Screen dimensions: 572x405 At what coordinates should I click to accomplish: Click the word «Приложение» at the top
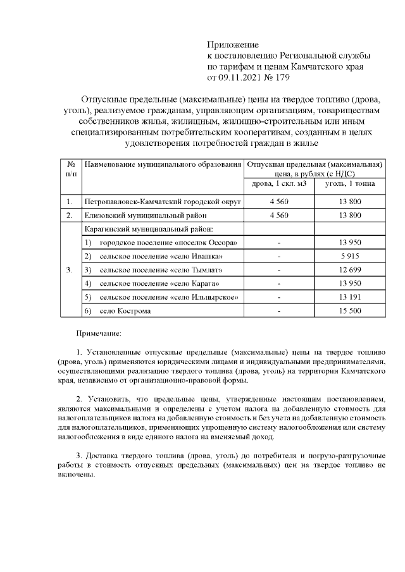pyautogui.click(x=233, y=44)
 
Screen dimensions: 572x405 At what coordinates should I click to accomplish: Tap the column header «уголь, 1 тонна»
pyautogui.click(x=350, y=183)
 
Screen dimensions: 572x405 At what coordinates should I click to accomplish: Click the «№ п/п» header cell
pyautogui.click(x=71, y=169)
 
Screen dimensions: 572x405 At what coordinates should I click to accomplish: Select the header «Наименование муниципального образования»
pyautogui.click(x=163, y=165)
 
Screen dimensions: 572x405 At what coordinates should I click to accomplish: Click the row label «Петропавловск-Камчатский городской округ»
pyautogui.click(x=162, y=202)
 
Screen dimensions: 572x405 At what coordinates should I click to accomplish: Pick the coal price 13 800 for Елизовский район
pyautogui.click(x=350, y=216)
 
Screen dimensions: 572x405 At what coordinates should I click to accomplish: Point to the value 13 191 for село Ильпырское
pyautogui.click(x=350, y=297)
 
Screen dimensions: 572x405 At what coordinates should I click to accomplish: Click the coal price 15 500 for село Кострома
pyautogui.click(x=350, y=310)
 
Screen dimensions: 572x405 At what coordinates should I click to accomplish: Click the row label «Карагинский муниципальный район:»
pyautogui.click(x=149, y=229)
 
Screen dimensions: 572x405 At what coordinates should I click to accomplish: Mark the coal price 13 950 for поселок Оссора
pyautogui.click(x=350, y=243)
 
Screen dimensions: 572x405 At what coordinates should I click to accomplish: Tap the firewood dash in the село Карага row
pyautogui.click(x=279, y=284)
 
